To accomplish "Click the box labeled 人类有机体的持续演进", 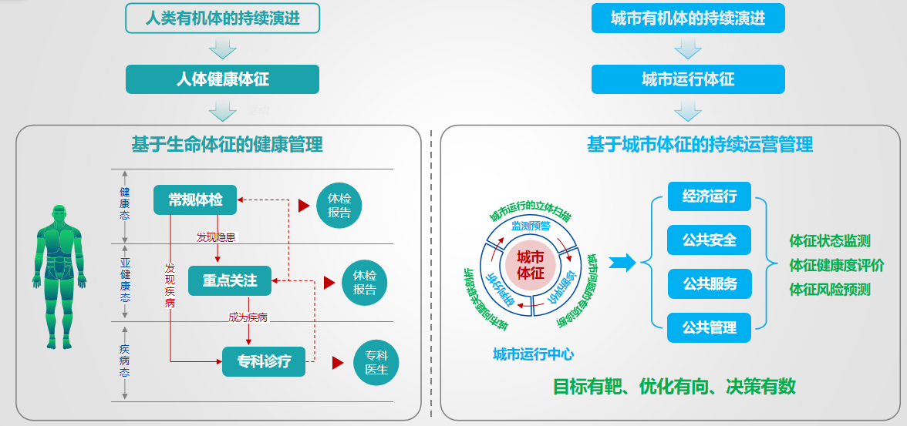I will [222, 18].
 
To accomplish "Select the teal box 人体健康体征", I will [222, 79].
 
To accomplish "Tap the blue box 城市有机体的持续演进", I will [688, 18].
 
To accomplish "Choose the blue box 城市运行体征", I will [688, 79].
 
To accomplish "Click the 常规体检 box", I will [195, 200].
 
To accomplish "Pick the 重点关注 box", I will [230, 280].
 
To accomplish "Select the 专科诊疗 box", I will [264, 361].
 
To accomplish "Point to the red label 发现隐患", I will [216, 237].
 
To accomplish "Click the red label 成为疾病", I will [248, 317].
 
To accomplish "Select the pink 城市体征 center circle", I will [530, 263].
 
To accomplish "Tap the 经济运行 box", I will [710, 196].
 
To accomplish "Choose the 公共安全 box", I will [710, 240].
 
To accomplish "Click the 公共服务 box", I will [710, 283].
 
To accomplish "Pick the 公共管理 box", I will [710, 327].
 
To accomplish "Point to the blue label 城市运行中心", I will [533, 354].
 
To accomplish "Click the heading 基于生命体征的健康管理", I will [227, 144].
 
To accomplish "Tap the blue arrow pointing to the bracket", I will [622, 263].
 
